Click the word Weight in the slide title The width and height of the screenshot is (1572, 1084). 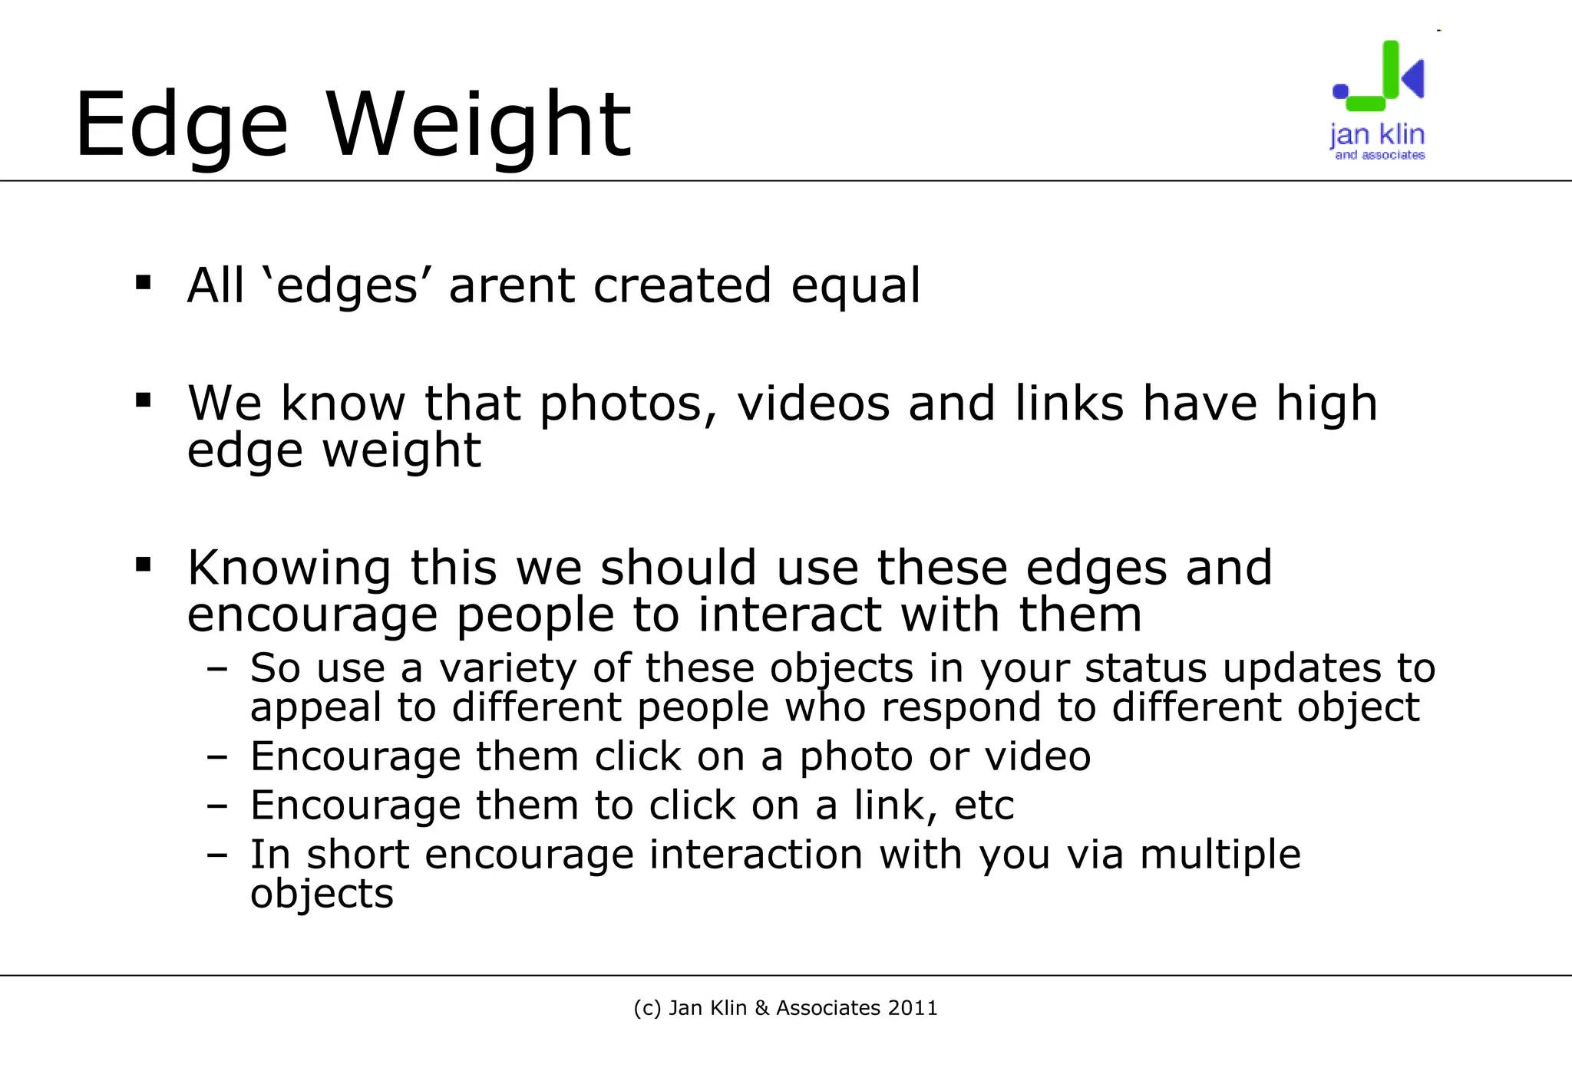[479, 125]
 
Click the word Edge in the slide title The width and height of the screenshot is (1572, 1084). [181, 125]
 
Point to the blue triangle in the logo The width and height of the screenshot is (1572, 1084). [1414, 77]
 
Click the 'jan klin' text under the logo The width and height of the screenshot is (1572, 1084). [1377, 135]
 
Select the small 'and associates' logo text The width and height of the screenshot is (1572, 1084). [1379, 155]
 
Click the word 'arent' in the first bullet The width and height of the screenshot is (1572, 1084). [511, 285]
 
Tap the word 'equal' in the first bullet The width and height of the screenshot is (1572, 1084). [855, 287]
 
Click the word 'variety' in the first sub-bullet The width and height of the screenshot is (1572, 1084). [507, 668]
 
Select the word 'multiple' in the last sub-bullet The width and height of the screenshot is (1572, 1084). [1220, 855]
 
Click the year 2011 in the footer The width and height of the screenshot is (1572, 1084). [913, 1008]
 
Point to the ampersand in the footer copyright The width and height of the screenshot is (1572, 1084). [761, 1008]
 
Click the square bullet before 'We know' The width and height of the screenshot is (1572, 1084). [143, 400]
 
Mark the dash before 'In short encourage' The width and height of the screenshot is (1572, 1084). [217, 854]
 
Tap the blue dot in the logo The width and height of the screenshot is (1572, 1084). [1340, 91]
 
